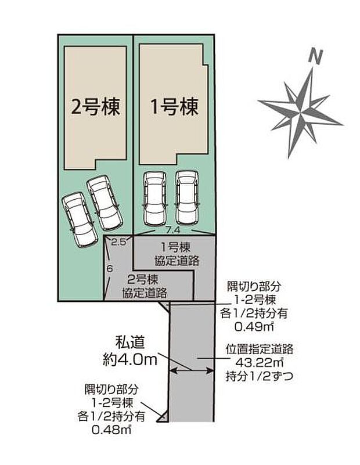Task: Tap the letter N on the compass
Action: point(316,56)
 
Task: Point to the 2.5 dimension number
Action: point(119,241)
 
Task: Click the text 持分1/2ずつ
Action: point(260,376)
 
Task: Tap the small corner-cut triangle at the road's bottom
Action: point(165,416)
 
